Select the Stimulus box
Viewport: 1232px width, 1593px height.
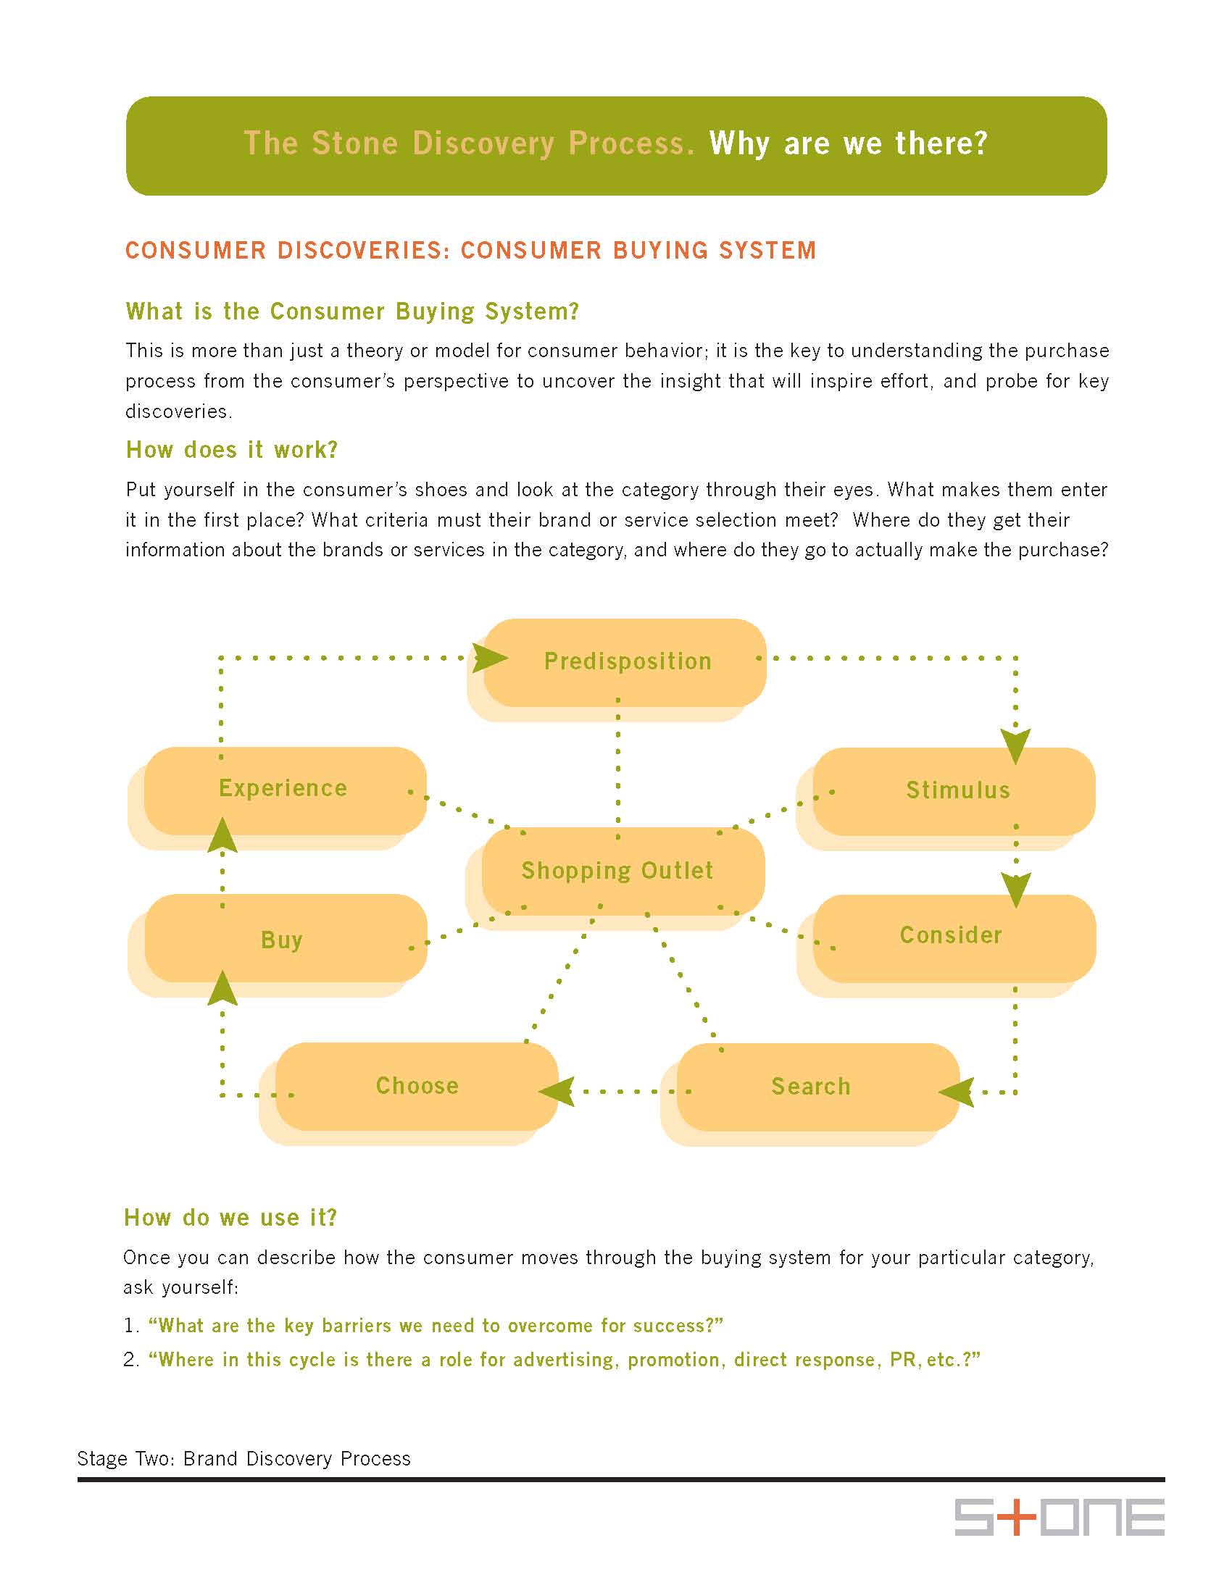tap(956, 790)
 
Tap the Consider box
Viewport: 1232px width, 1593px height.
tap(952, 936)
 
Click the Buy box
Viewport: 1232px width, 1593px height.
tap(283, 940)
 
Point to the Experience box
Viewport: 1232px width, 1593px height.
tap(283, 788)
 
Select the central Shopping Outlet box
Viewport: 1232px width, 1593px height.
tap(617, 871)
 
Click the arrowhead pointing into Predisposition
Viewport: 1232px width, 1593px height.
tap(488, 658)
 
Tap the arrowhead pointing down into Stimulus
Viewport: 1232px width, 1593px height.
tap(1015, 745)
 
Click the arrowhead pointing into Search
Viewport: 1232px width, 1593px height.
tap(957, 1092)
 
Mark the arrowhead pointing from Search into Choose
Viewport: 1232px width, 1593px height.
tap(557, 1092)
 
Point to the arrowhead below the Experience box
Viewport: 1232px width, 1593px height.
tap(222, 836)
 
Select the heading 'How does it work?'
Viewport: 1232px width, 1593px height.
tap(232, 450)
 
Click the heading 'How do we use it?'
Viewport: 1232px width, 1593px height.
tap(230, 1217)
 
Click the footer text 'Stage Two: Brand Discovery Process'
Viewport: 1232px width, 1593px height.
tap(244, 1458)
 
